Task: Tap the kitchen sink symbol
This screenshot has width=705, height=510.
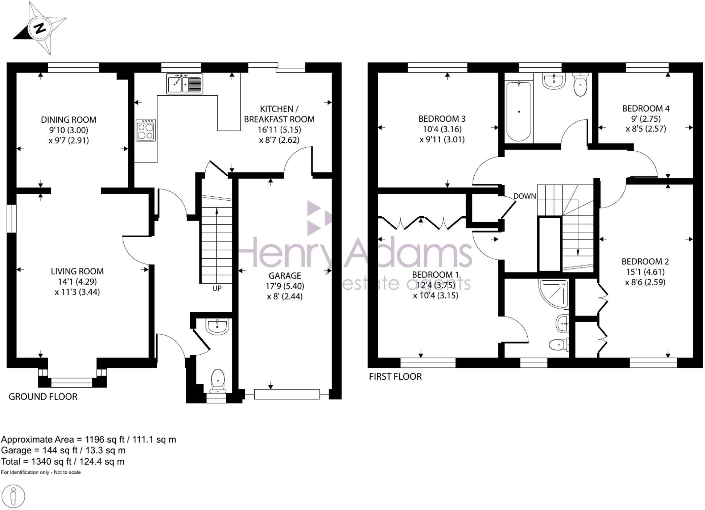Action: (185, 84)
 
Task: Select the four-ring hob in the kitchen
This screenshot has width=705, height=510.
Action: (146, 130)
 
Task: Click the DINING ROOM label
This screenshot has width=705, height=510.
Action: (69, 120)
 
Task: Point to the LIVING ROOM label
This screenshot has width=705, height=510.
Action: (77, 271)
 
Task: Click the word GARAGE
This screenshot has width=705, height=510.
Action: (285, 276)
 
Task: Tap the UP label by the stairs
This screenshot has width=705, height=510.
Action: (217, 288)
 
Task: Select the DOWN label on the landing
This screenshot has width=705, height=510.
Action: (524, 196)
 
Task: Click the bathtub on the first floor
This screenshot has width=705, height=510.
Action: (519, 111)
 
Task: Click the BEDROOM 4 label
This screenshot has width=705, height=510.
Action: (646, 108)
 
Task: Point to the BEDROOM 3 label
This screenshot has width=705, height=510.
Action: (442, 118)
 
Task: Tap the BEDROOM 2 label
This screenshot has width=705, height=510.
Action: (645, 261)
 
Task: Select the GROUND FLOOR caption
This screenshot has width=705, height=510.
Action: (43, 397)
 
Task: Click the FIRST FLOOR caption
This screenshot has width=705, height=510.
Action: (395, 377)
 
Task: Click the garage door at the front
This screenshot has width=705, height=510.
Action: (287, 394)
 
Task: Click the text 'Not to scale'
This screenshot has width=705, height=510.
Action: (67, 472)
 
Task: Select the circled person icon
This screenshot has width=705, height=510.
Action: (13, 496)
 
